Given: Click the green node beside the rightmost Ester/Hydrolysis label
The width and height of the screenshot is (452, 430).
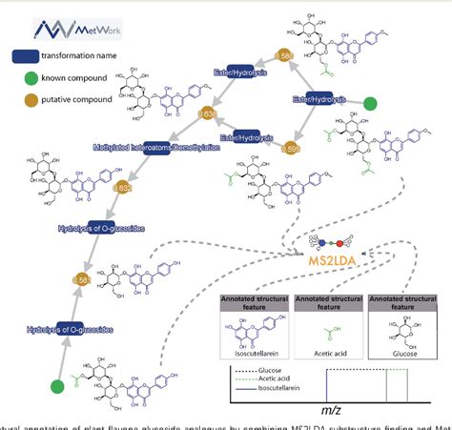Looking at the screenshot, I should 370,104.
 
